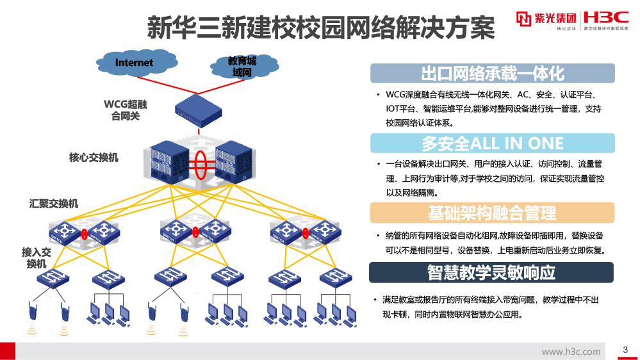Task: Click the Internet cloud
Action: tap(135, 63)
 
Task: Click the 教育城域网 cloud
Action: tap(243, 67)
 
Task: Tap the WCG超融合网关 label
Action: tap(126, 110)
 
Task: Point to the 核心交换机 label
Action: tap(94, 157)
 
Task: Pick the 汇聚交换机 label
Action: tap(54, 204)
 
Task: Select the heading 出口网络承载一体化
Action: tap(492, 73)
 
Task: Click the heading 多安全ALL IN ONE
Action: tap(492, 142)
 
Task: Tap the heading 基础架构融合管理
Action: tap(492, 213)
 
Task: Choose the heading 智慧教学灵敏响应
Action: tap(492, 272)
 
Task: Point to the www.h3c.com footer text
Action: tap(571, 351)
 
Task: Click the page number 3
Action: tap(625, 350)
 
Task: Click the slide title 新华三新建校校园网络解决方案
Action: tap(321, 28)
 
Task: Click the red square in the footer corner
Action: tap(8, 350)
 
